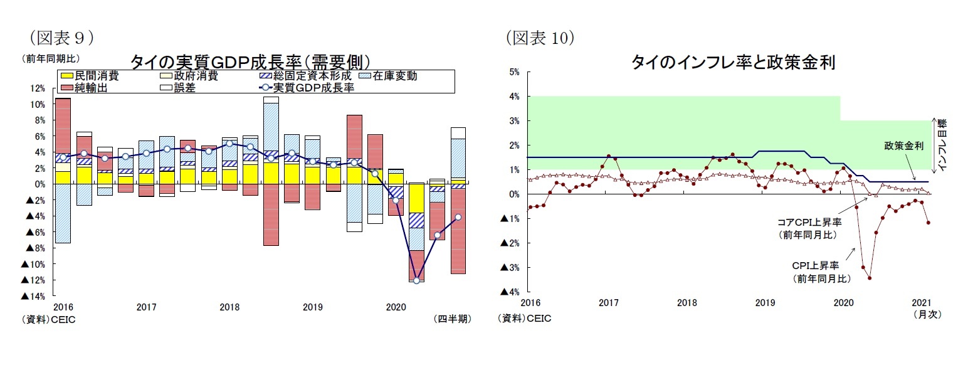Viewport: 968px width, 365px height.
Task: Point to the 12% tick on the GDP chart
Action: pos(37,88)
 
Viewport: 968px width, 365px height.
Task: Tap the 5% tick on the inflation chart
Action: pos(514,71)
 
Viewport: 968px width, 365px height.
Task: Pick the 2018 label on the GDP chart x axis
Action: pos(229,308)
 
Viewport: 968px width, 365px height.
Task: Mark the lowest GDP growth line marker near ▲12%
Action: pos(416,280)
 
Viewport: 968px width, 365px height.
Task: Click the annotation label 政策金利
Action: pos(903,145)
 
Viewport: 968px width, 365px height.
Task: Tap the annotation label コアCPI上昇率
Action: pos(809,222)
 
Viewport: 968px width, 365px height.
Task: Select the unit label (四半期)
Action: pos(452,319)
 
